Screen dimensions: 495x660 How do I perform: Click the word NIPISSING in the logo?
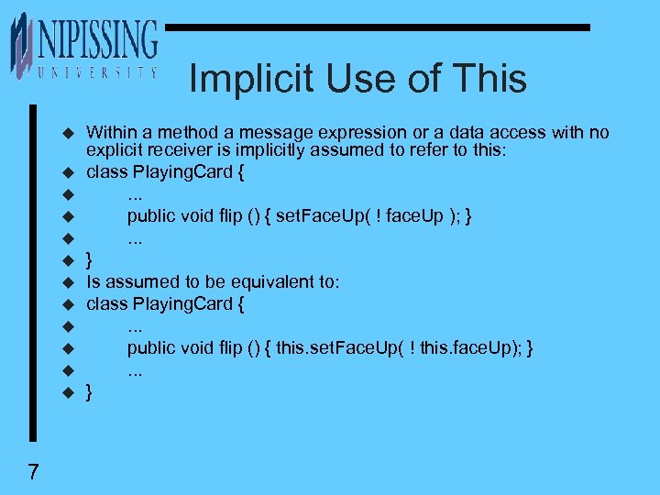click(97, 39)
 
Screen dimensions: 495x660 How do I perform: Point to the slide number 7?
click(33, 472)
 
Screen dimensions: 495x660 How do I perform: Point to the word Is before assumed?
click(93, 281)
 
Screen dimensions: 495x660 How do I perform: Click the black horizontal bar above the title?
click(376, 27)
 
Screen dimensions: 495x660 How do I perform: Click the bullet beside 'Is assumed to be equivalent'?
click(67, 282)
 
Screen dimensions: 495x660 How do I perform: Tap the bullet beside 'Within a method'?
click(67, 134)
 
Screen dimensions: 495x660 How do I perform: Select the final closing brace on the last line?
click(89, 392)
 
